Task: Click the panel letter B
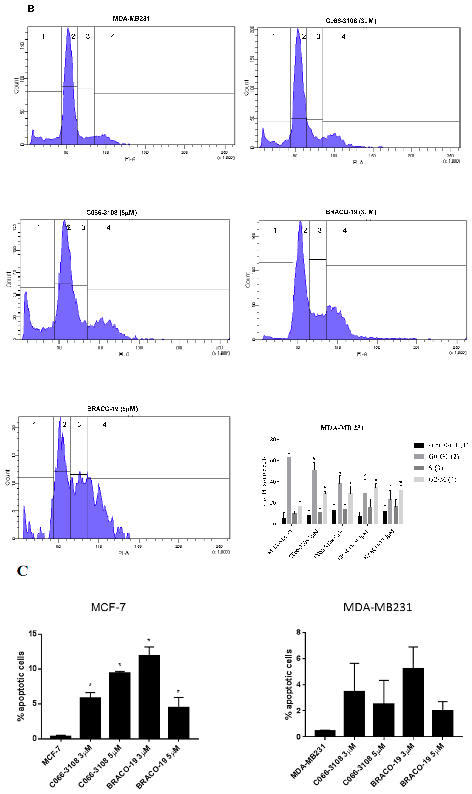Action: click(31, 9)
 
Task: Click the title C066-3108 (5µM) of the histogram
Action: click(111, 213)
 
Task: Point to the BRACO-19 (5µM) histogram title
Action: click(112, 409)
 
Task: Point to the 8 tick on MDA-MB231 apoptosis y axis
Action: click(298, 632)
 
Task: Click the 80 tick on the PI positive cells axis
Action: click(273, 440)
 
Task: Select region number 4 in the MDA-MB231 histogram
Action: click(113, 36)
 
